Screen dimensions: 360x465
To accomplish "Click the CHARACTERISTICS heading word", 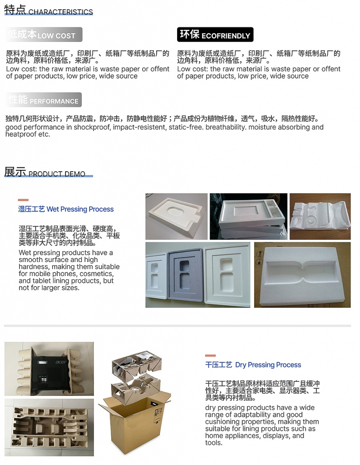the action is click(x=60, y=12).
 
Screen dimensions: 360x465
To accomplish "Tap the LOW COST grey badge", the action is click(x=44, y=35).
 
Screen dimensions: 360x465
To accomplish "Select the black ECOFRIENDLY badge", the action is click(x=215, y=35).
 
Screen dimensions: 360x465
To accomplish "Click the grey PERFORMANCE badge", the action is click(x=44, y=100).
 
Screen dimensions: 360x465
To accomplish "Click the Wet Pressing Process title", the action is click(x=66, y=209).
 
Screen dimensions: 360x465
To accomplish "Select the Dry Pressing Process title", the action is click(x=253, y=365).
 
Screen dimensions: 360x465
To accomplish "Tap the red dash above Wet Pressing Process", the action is click(x=23, y=200).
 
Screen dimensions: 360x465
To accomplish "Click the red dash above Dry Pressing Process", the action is click(x=210, y=355).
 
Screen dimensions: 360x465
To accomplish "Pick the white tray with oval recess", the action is click(x=177, y=217).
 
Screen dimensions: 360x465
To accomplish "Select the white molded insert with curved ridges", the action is click(x=320, y=217).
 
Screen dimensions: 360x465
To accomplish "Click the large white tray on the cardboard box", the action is click(x=302, y=275).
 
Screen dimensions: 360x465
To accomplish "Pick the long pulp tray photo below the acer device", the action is click(x=49, y=427).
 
